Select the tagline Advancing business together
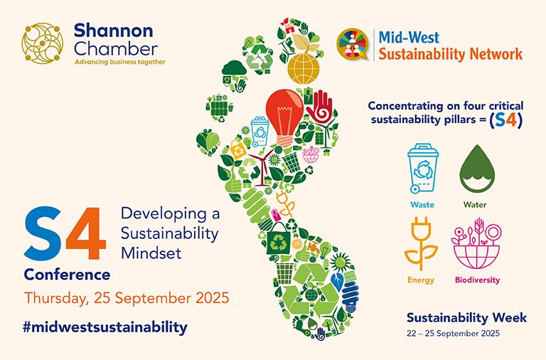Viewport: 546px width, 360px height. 119,62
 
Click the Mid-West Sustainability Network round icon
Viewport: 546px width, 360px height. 351,45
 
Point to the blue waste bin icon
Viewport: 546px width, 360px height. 422,169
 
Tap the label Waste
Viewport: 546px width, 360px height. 422,205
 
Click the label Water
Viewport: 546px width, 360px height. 475,205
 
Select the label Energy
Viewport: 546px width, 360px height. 421,280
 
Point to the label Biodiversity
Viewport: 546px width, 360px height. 477,280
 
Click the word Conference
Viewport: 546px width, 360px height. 68,274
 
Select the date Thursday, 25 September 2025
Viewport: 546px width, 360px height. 127,297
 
